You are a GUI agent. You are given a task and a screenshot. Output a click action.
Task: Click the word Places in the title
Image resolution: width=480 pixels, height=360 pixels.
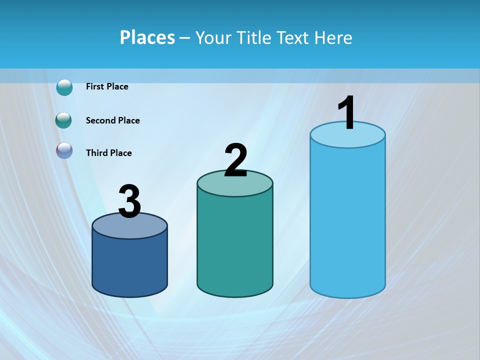(147, 37)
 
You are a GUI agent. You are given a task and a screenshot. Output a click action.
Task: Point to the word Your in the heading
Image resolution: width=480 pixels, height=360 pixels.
(213, 37)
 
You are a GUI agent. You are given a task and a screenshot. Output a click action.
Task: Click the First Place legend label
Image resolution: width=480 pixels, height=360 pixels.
(107, 86)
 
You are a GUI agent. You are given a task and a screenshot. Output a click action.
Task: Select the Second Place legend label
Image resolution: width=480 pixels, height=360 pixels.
(112, 120)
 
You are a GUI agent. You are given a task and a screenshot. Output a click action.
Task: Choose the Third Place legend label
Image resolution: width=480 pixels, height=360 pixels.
(108, 153)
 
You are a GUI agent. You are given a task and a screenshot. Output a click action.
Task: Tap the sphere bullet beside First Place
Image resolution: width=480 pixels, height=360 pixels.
(64, 87)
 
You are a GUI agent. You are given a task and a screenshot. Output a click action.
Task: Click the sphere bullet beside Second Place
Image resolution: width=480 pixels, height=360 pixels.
(64, 120)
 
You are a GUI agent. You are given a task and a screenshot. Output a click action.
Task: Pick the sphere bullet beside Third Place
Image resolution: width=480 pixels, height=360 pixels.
(64, 150)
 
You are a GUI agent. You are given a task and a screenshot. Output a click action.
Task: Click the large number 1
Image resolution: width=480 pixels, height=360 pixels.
(346, 113)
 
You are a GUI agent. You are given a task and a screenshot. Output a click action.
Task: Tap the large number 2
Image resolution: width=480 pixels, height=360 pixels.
(235, 160)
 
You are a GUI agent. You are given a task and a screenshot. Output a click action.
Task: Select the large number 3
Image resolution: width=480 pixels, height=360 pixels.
(129, 202)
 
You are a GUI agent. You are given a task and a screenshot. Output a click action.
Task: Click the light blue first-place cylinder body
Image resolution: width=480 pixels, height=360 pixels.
(347, 220)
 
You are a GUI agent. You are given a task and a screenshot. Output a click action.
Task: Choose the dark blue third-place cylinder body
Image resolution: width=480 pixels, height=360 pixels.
(129, 265)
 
